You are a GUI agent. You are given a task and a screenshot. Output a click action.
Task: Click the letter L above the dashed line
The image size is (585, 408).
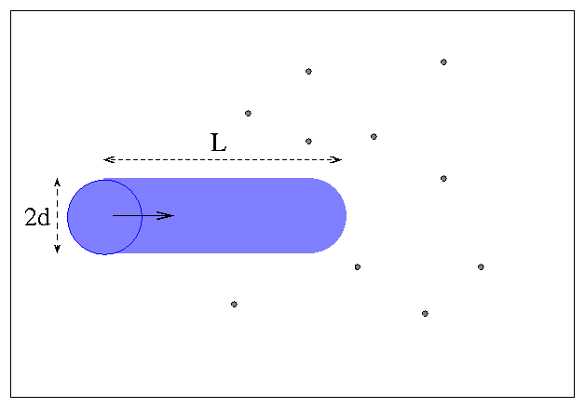(219, 143)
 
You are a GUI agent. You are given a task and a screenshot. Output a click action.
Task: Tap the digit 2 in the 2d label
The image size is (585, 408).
(31, 217)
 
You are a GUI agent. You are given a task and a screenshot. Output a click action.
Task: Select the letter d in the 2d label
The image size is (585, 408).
(43, 217)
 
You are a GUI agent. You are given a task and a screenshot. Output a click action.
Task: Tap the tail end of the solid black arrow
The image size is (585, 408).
(113, 215)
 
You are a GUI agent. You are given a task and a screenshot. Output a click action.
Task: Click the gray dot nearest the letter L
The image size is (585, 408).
(308, 142)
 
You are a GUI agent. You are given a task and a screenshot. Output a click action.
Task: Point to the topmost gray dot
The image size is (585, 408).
(443, 61)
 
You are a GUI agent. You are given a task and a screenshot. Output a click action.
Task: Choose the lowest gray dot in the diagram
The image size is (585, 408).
(425, 314)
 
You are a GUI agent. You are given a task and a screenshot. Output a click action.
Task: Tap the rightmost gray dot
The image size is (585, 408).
(481, 267)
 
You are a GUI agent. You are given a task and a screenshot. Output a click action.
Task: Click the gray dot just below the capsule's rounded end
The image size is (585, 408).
(358, 267)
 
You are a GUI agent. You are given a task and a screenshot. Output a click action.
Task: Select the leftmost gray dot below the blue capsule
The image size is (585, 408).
(234, 305)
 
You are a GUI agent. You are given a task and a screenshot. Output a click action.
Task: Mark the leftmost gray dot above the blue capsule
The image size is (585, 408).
(248, 114)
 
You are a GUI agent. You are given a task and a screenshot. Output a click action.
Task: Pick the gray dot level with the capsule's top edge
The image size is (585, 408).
(443, 179)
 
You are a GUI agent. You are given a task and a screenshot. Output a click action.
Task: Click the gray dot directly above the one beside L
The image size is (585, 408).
(308, 71)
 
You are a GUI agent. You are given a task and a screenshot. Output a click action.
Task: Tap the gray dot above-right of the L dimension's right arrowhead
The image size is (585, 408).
(374, 137)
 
